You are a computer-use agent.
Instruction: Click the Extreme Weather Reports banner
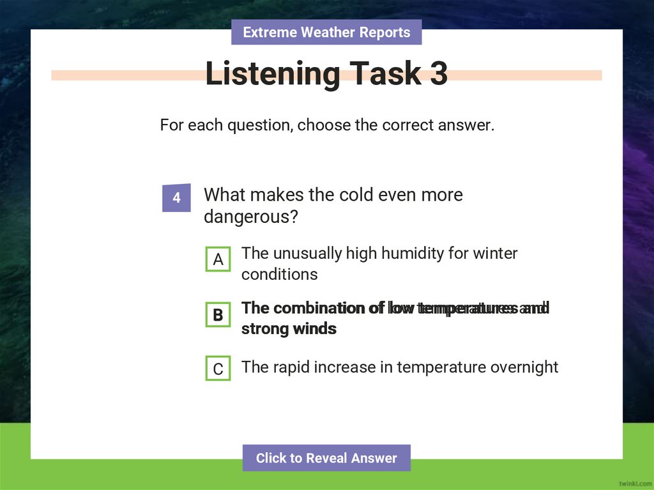(x=326, y=32)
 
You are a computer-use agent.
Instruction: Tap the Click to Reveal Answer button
(x=326, y=458)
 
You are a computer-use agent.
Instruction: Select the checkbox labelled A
(x=218, y=260)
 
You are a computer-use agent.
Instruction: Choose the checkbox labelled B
(x=218, y=315)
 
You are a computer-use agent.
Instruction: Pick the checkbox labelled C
(x=218, y=369)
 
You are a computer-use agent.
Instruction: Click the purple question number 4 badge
(x=176, y=198)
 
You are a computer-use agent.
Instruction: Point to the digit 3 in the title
(x=439, y=74)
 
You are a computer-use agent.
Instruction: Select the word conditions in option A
(x=279, y=275)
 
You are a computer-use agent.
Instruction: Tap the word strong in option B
(x=262, y=329)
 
